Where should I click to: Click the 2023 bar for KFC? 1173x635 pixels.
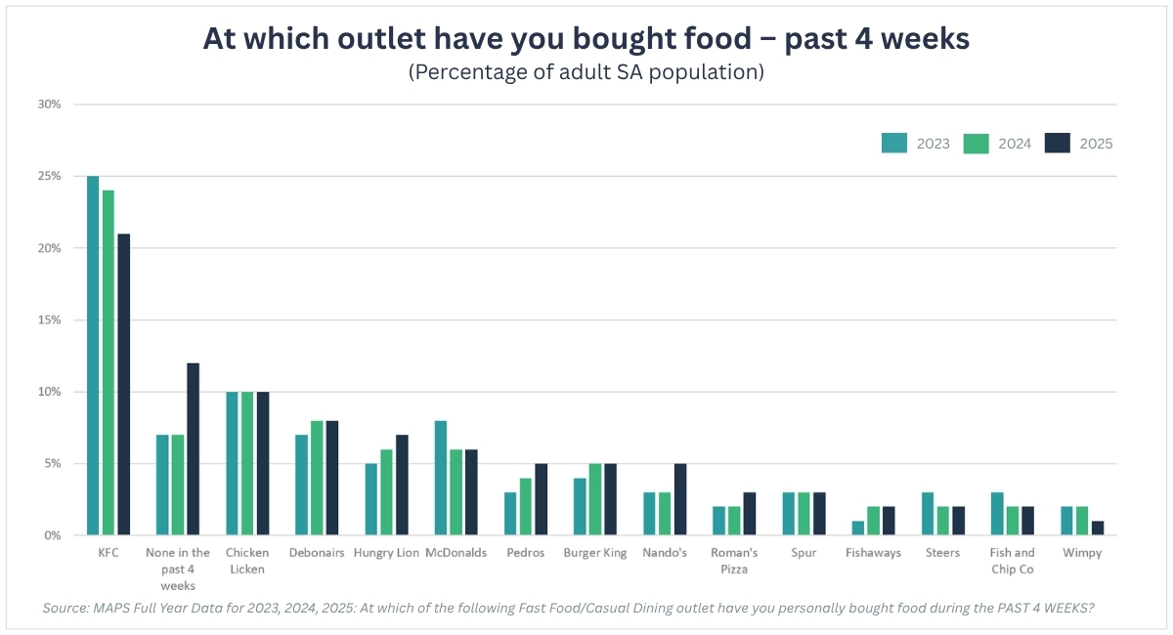click(93, 356)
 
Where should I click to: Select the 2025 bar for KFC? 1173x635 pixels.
click(123, 384)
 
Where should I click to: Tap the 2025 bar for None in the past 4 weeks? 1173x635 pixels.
click(194, 449)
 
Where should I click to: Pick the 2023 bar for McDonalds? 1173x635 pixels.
click(441, 478)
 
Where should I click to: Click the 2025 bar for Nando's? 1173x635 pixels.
click(680, 499)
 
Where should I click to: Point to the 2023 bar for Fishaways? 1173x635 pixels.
click(858, 529)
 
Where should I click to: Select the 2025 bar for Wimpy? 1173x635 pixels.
click(1098, 529)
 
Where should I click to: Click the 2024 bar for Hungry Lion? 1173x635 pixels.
click(386, 492)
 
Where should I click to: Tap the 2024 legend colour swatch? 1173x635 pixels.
click(977, 144)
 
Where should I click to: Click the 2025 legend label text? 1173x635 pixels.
click(1096, 144)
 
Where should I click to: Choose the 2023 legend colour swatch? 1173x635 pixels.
click(894, 144)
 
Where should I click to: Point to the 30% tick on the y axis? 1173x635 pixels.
click(49, 105)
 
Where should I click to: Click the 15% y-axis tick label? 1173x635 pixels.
click(49, 319)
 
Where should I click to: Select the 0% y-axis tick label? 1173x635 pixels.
click(53, 535)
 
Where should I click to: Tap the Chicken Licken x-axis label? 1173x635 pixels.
click(247, 561)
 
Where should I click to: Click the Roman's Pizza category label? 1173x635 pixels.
click(734, 561)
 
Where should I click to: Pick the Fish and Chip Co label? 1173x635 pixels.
click(1013, 561)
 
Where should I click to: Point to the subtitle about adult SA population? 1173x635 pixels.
click(586, 72)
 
